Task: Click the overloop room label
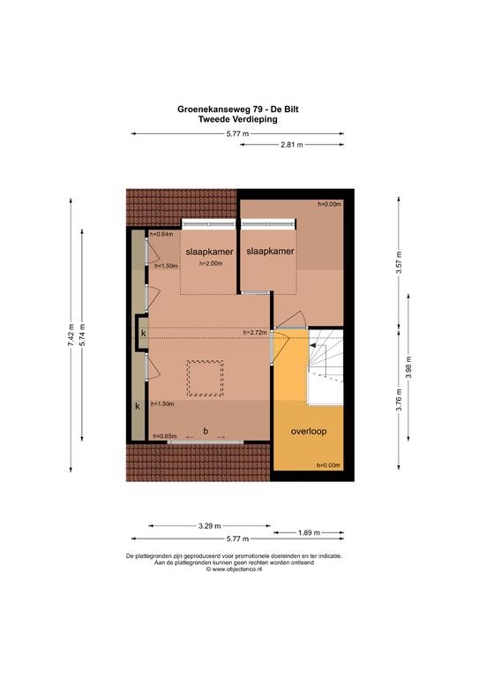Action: coord(309,431)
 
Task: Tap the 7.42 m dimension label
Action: coord(71,335)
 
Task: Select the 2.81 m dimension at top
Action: coord(292,145)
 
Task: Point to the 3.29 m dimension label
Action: coord(209,526)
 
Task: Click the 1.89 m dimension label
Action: coord(309,532)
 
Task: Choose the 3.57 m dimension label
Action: coord(399,262)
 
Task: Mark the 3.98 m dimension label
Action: coord(408,367)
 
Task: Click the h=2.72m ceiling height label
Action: coord(255,333)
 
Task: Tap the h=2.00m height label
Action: coord(211,263)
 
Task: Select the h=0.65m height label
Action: coord(165,436)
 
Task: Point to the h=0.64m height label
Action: coord(161,234)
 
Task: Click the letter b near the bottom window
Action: coord(206,431)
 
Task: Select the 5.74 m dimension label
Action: coord(82,335)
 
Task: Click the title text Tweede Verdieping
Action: coord(237,119)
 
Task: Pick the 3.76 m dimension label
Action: coord(399,401)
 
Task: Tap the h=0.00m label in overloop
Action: coord(329,465)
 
